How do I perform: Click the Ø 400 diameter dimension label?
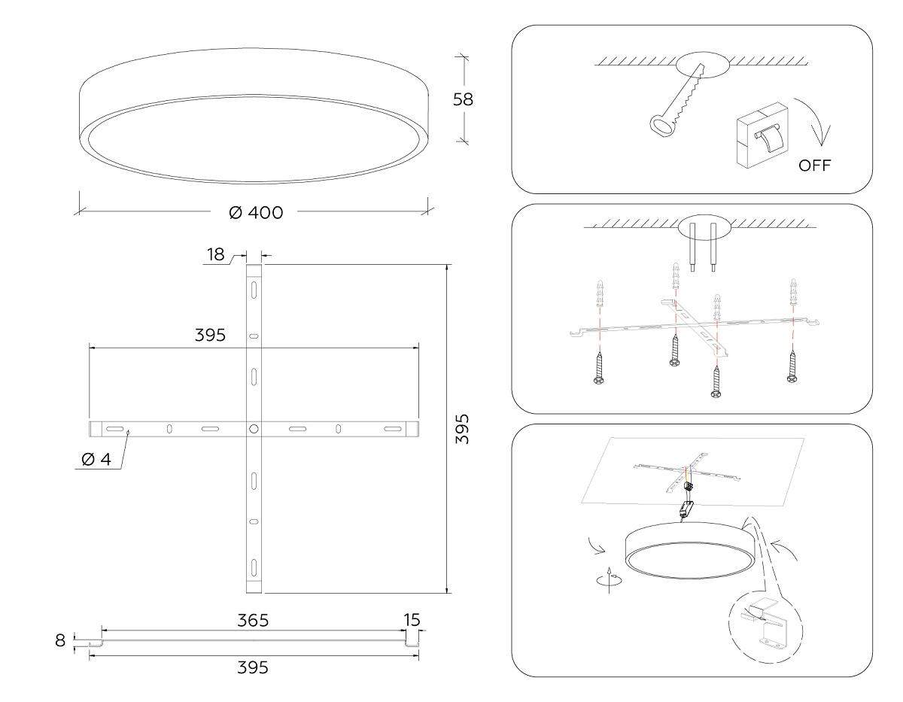pyautogui.click(x=256, y=212)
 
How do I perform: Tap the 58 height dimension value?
pyautogui.click(x=463, y=99)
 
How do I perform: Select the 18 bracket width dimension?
pyautogui.click(x=216, y=254)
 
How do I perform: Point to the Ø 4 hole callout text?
pyautogui.click(x=97, y=459)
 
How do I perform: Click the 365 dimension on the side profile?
pyautogui.click(x=253, y=621)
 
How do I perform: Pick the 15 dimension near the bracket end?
pyautogui.click(x=412, y=620)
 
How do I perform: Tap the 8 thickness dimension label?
pyautogui.click(x=60, y=640)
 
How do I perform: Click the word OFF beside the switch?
pyautogui.click(x=814, y=166)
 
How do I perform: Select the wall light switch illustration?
pyautogui.click(x=763, y=135)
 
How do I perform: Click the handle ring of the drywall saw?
pyautogui.click(x=661, y=126)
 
